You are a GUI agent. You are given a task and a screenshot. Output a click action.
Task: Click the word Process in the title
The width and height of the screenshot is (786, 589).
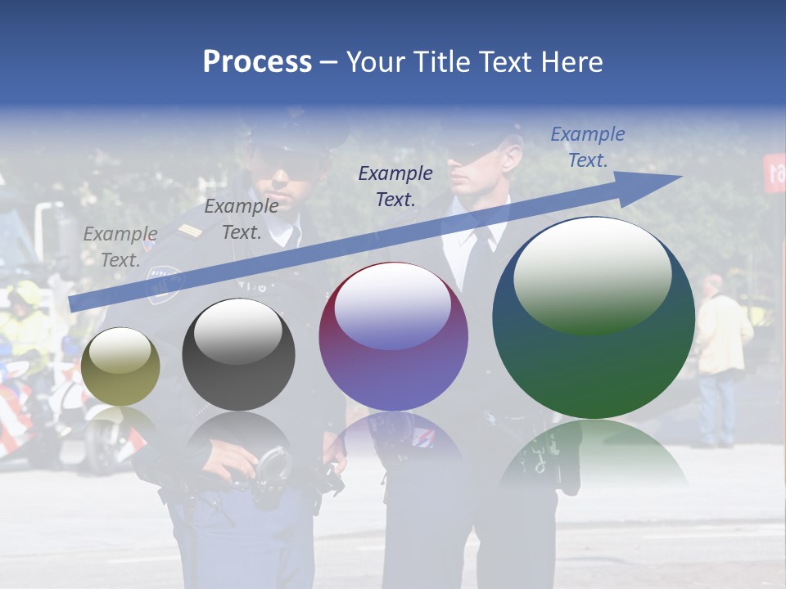[x=257, y=61]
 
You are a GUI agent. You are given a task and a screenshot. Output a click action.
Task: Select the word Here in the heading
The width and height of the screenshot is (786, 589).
[x=571, y=61]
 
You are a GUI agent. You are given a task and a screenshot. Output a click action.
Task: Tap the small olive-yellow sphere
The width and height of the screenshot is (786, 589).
[x=120, y=366]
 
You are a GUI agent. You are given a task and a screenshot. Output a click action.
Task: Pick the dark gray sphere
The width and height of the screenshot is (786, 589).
[x=238, y=354]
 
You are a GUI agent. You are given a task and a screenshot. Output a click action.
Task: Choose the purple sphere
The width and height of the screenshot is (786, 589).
[x=393, y=337]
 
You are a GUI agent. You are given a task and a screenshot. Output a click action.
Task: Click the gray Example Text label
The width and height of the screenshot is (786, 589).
[x=120, y=246]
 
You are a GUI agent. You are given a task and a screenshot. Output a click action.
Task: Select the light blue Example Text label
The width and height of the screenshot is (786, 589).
[x=587, y=146]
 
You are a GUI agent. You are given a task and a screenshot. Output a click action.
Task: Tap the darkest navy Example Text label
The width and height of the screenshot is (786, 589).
[x=395, y=186]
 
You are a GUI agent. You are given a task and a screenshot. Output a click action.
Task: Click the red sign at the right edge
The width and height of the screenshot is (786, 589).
[x=775, y=172]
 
